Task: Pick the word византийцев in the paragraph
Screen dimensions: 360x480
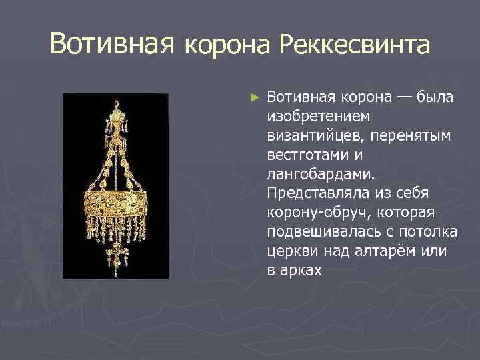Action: (307, 136)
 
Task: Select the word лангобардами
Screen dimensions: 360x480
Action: (320, 175)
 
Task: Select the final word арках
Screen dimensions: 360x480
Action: (302, 271)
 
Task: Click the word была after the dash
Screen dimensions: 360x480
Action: (435, 97)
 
